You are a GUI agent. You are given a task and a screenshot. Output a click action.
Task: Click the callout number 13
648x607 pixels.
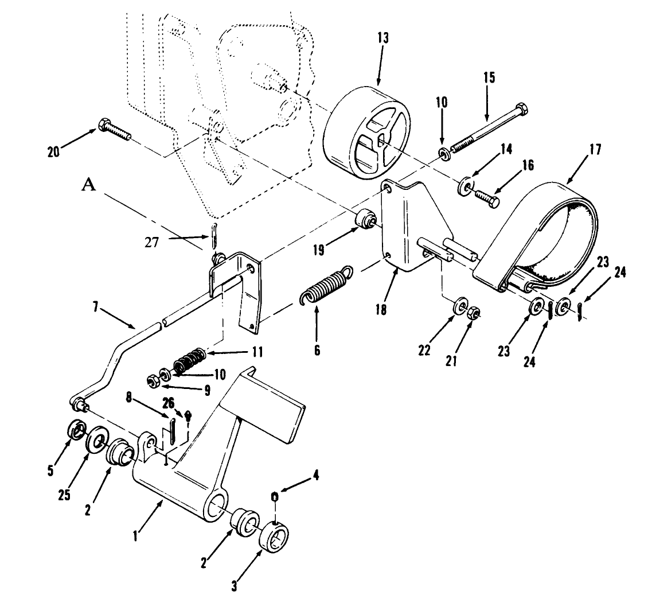click(x=383, y=39)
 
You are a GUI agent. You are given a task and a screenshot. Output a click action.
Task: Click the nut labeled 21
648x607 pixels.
click(x=474, y=313)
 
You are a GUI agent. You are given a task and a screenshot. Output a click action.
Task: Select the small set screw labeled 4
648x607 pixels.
click(x=274, y=496)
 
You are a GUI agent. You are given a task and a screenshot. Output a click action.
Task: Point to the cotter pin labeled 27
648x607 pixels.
click(x=213, y=236)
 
